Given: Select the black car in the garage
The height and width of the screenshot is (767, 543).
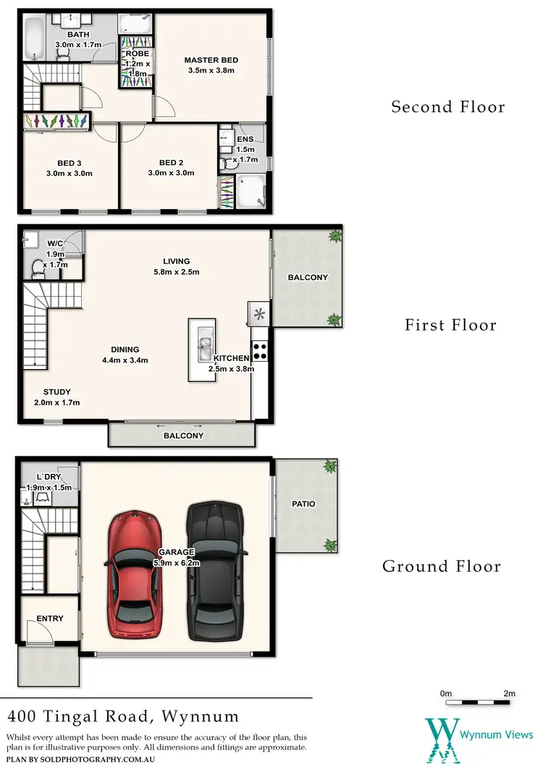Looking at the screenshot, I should pyautogui.click(x=215, y=572).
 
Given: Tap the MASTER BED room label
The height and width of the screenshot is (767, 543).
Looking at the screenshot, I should pyautogui.click(x=211, y=60).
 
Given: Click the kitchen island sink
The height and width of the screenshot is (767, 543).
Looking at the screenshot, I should pyautogui.click(x=204, y=342).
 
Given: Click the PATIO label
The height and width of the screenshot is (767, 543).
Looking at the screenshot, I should pyautogui.click(x=304, y=504).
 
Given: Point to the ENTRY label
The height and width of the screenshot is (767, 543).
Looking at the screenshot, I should pyautogui.click(x=49, y=619).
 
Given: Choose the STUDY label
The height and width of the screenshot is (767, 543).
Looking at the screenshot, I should pyautogui.click(x=56, y=392).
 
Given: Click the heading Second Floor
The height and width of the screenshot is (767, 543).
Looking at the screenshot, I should pyautogui.click(x=447, y=107).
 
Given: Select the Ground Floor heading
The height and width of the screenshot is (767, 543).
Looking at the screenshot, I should pyautogui.click(x=442, y=566).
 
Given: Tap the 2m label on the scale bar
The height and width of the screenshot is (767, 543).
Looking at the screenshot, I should pyautogui.click(x=510, y=693).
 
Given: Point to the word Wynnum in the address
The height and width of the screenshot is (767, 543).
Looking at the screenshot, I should pyautogui.click(x=198, y=717).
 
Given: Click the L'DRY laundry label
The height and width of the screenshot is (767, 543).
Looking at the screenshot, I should pyautogui.click(x=49, y=477).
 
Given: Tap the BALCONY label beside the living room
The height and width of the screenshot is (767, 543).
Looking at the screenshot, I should pyautogui.click(x=308, y=277).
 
